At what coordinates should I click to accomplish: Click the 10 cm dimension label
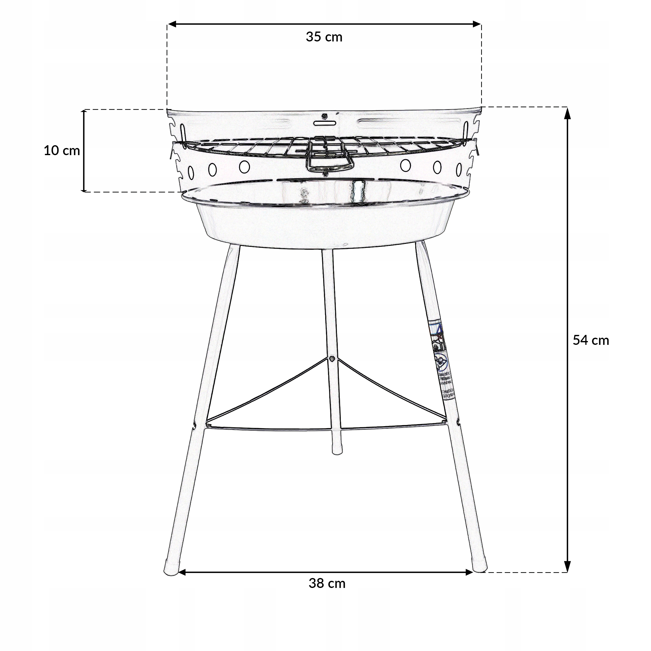[x=62, y=151]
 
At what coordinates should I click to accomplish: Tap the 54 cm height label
[x=591, y=340]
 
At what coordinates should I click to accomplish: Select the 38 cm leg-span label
[x=327, y=583]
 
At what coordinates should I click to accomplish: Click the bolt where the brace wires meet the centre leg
[x=332, y=358]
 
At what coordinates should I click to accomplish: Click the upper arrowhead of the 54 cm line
[x=567, y=114]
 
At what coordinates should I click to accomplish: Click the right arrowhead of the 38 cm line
[x=470, y=572]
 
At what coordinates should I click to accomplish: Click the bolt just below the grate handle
[x=325, y=174]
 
